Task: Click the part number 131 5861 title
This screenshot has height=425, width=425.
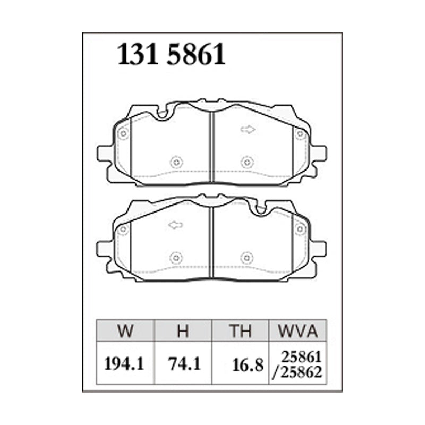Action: (171, 55)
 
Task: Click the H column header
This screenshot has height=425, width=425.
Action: (182, 332)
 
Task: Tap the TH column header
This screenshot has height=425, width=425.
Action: (240, 332)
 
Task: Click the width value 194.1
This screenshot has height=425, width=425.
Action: (124, 364)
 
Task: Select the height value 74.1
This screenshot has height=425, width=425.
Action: (182, 364)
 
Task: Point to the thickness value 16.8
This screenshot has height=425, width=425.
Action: (248, 365)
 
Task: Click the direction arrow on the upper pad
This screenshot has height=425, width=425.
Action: (248, 129)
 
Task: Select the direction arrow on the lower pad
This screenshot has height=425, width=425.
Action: (175, 225)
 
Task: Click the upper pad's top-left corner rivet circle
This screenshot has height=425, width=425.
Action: (123, 134)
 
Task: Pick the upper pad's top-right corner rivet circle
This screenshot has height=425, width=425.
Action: (301, 134)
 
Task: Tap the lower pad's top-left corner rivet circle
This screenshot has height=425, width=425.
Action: (123, 230)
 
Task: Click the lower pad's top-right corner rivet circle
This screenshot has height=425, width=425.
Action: (301, 229)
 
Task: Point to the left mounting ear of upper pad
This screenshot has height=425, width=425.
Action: (105, 154)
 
